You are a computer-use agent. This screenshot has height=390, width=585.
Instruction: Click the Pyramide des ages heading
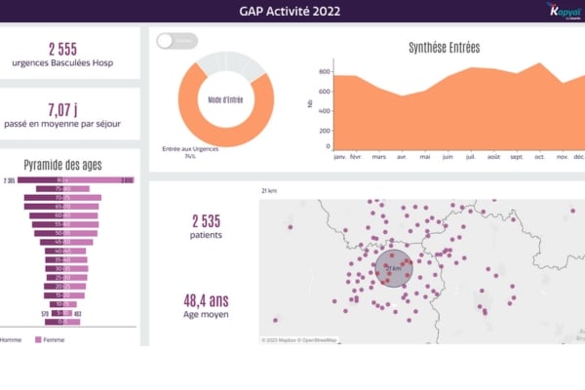coord(63,165)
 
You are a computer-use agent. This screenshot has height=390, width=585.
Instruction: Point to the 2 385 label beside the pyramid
coord(10,180)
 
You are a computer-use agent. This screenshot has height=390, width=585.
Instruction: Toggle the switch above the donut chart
coord(176,40)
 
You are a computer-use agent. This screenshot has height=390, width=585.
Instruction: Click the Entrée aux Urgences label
coord(190,149)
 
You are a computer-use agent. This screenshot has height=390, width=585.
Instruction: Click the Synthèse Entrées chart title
coord(444,47)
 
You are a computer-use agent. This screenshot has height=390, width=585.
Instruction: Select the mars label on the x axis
coord(379,156)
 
